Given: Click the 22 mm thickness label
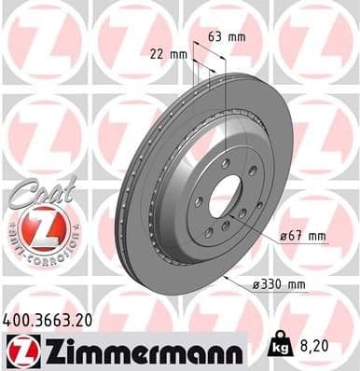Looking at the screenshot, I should point(166,53).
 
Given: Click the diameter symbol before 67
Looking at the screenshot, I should point(283,236).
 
